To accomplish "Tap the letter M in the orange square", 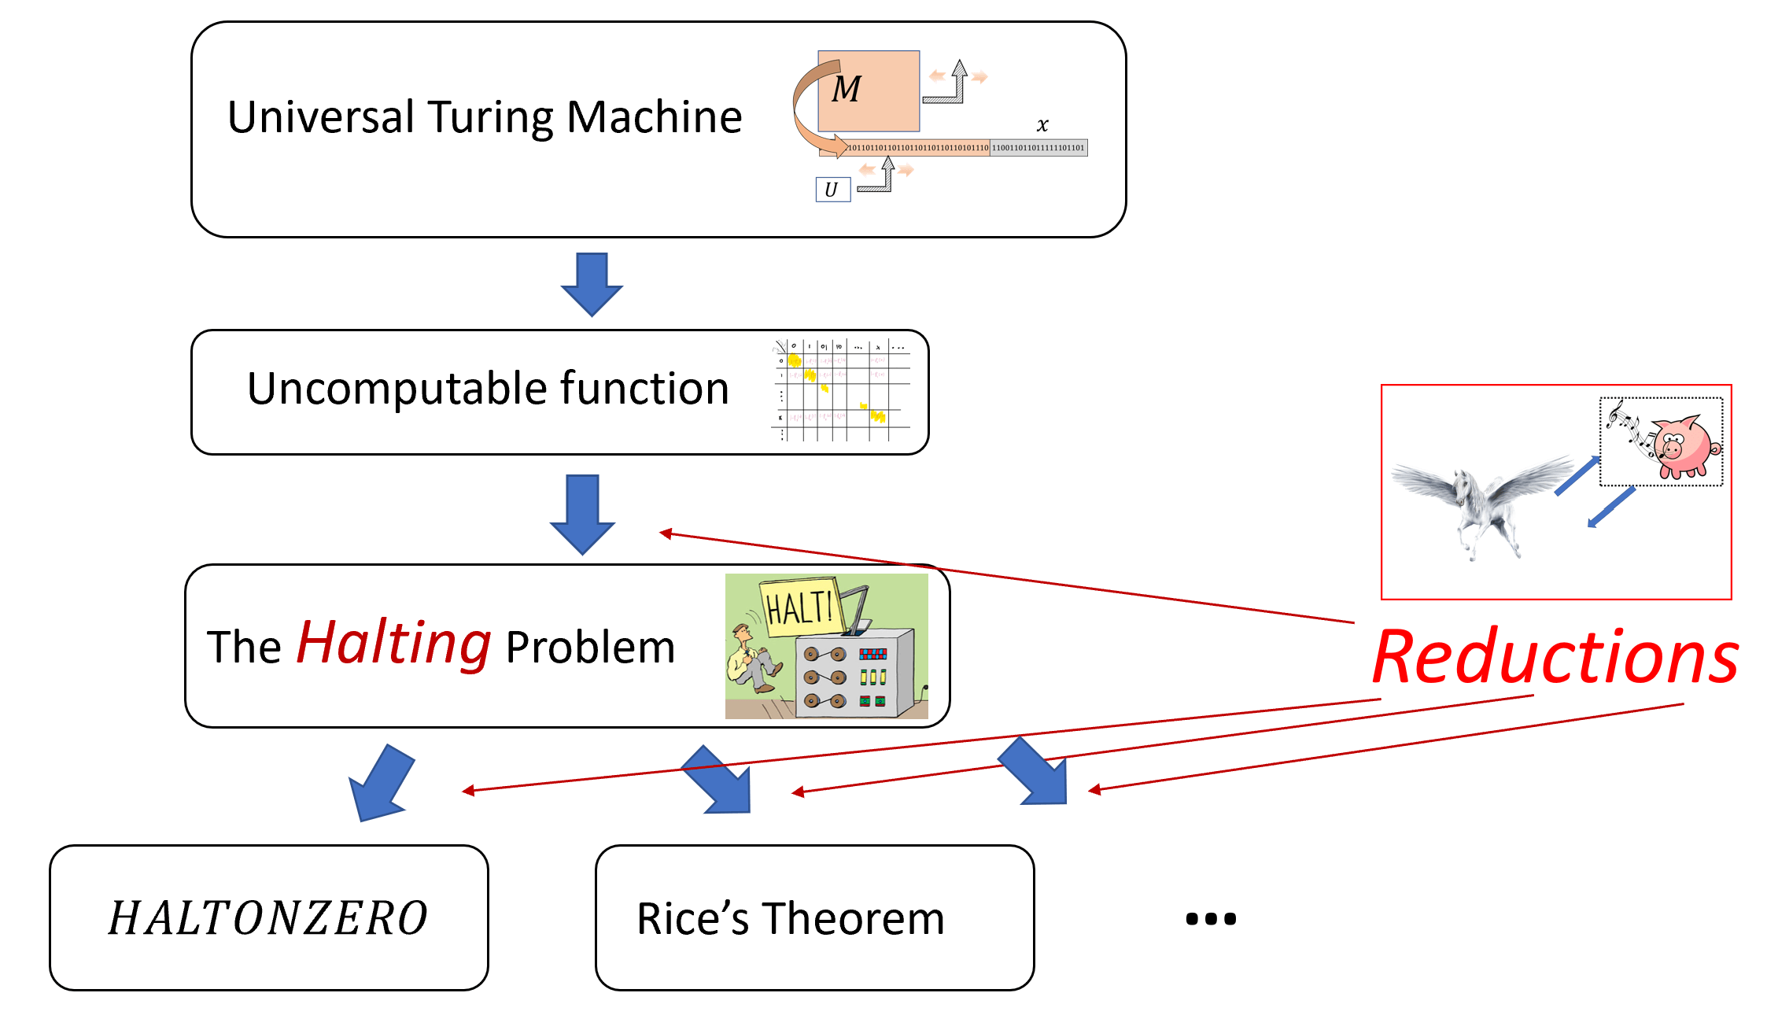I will [847, 89].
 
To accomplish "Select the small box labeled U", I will [832, 190].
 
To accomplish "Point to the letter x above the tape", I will [1042, 124].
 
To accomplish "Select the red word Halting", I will [393, 643].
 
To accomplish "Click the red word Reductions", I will [1555, 658].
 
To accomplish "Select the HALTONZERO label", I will [267, 918].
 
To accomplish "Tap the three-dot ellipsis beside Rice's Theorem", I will [1211, 918].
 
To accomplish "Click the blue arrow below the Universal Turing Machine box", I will [592, 284].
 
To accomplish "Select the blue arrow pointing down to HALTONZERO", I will [381, 784].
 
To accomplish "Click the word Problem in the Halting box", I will [590, 648].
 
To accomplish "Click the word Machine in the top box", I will [654, 117].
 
